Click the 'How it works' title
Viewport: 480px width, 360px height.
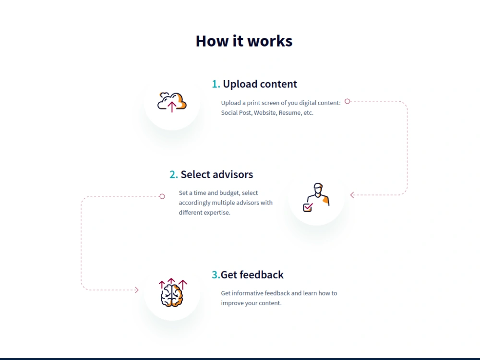[244, 41]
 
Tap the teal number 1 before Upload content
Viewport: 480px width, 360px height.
[216, 84]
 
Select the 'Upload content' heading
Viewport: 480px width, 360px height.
[260, 84]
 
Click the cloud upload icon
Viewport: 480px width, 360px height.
[172, 102]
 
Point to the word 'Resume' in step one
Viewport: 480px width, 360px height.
[289, 113]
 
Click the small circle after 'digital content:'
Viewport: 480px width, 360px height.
[347, 101]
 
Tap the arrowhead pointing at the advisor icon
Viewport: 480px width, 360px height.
[352, 195]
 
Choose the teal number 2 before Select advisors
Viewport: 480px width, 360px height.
[174, 175]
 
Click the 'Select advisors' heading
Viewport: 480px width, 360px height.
[217, 175]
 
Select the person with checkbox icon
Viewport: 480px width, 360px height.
[316, 197]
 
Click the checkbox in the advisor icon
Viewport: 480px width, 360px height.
[308, 207]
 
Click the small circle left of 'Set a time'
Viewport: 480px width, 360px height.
[162, 196]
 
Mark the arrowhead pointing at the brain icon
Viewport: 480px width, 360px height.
[136, 290]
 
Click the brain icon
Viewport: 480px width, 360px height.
[172, 293]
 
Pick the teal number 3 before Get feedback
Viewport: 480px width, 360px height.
[216, 275]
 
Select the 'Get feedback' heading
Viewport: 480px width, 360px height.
[252, 275]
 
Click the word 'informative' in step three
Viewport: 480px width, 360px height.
[247, 293]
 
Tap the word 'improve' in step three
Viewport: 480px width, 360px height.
[231, 303]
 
